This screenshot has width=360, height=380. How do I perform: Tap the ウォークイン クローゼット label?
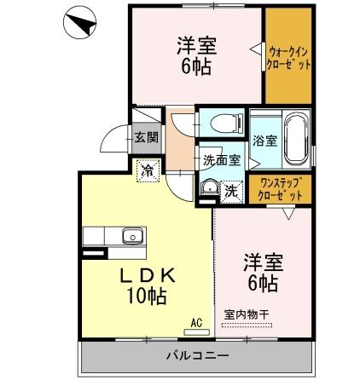click(287, 57)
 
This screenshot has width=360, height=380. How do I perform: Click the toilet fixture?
click(219, 121)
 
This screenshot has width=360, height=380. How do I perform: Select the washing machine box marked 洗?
click(231, 191)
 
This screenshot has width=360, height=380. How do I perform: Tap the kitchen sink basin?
click(132, 236)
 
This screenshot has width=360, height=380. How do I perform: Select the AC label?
click(195, 323)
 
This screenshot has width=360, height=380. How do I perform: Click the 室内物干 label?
click(247, 314)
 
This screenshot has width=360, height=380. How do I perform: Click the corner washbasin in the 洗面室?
click(208, 187)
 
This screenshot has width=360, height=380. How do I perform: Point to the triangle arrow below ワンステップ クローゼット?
click(287, 216)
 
